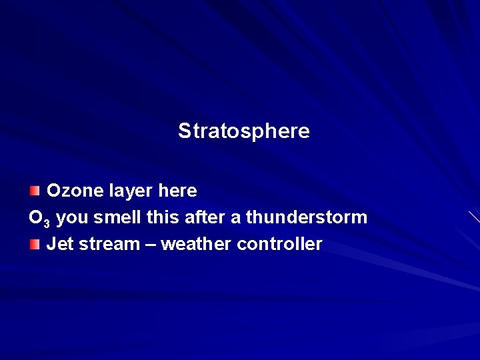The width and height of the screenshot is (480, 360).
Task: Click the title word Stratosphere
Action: (243, 131)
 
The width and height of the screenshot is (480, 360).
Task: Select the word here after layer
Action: (177, 191)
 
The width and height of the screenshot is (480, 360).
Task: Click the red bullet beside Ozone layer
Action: (35, 191)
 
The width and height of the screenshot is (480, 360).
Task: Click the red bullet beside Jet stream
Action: (35, 245)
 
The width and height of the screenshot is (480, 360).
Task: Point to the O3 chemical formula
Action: (39, 218)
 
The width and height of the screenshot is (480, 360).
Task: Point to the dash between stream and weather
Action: (151, 245)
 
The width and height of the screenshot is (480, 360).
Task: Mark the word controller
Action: (279, 244)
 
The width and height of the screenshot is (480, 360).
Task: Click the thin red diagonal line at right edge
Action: (474, 217)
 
